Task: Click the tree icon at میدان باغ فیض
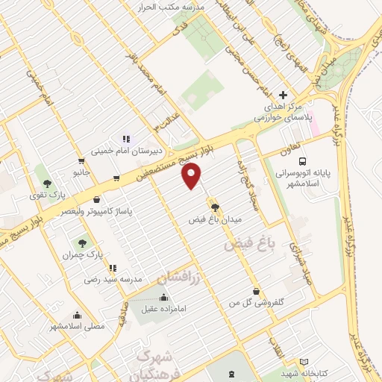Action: (x=214, y=207)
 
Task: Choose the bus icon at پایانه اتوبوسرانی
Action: (x=302, y=160)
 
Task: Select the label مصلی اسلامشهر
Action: (x=78, y=326)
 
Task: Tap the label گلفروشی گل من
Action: (x=257, y=303)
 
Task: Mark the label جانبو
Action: (x=80, y=172)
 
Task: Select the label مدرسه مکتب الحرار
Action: (x=167, y=7)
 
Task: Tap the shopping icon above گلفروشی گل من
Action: (x=257, y=292)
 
